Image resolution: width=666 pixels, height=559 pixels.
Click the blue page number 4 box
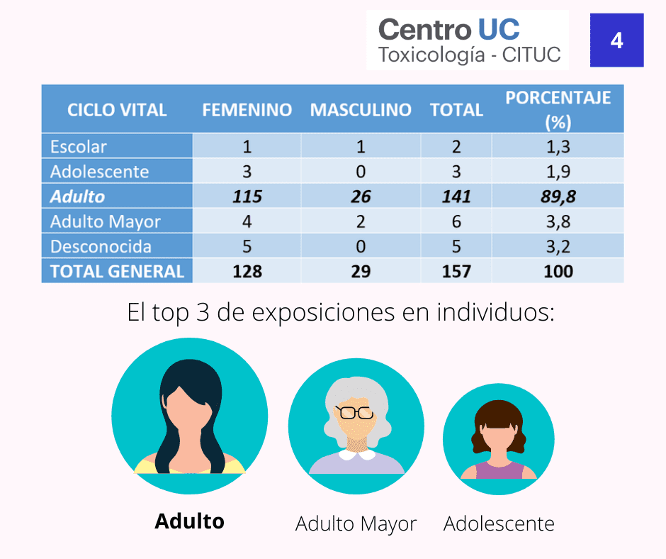[616, 40]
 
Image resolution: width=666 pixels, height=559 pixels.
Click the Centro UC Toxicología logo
[468, 40]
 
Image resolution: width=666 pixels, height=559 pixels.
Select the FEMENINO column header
[247, 110]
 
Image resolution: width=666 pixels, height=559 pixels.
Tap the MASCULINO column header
[361, 110]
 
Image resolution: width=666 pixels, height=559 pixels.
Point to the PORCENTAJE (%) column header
[558, 110]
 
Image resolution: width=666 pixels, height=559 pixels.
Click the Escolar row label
[78, 147]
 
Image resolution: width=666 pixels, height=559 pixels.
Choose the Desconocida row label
[101, 247]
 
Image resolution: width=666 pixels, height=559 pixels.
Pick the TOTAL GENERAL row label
[117, 272]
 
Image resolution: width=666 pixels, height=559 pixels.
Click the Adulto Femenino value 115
[247, 197]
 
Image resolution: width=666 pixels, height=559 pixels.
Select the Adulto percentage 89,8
[558, 197]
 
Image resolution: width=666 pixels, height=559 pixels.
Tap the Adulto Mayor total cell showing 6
[456, 221]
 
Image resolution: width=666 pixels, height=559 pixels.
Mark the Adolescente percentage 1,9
[558, 172]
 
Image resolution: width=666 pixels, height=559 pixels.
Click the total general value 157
[456, 272]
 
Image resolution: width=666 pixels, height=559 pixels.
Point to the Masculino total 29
[361, 272]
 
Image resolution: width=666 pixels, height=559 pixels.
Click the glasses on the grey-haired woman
[355, 412]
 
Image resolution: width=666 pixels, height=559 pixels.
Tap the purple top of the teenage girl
[499, 470]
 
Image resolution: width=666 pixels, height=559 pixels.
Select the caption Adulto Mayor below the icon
[356, 524]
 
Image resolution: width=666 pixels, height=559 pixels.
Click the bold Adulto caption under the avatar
[189, 521]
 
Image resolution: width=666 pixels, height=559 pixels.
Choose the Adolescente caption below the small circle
[499, 524]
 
